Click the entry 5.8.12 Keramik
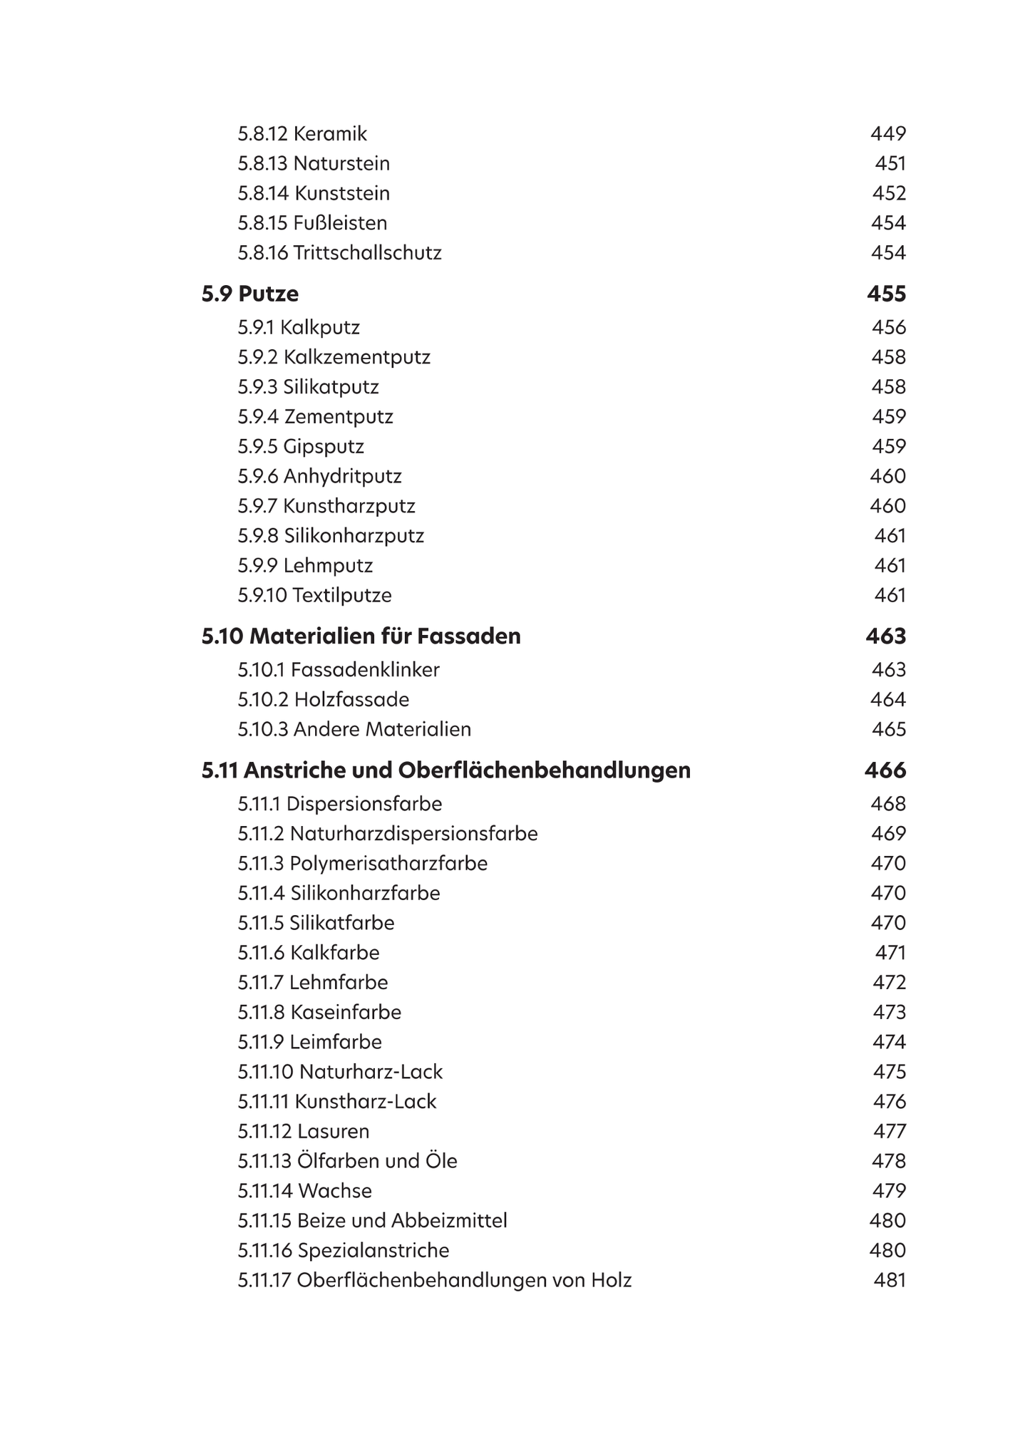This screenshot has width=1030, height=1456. pos(302,134)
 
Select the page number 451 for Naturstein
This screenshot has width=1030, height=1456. pos(890,164)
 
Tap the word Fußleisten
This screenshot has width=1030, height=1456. pos(340,223)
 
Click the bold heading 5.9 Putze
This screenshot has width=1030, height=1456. pos(250,294)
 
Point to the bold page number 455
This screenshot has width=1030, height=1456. pos(886,294)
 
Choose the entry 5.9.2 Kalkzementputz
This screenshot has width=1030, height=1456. pos(334,357)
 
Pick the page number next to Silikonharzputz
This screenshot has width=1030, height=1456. pos(890,536)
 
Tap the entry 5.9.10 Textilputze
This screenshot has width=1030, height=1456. pos(314,596)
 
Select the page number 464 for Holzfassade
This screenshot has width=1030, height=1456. pos(887,700)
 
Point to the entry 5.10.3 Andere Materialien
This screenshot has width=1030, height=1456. pos(354,730)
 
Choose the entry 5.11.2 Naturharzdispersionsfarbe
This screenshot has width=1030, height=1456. pos(388,834)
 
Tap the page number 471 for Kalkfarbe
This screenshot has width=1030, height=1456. pos(890,953)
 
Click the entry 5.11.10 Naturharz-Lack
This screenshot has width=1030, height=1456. pos(340,1072)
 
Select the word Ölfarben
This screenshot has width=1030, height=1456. pos(337,1161)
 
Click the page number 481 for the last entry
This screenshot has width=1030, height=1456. pos(890,1281)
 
